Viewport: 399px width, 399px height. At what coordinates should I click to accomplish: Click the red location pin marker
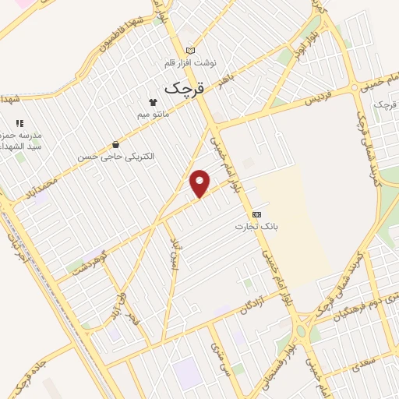[x=200, y=183]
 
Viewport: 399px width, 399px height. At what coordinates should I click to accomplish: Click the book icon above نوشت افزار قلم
[x=191, y=50]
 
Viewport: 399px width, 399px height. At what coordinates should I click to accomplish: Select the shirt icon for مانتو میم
[x=153, y=102]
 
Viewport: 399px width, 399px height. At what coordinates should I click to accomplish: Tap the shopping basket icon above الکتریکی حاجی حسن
[x=116, y=143]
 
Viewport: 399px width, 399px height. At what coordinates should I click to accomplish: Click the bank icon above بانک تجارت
[x=256, y=214]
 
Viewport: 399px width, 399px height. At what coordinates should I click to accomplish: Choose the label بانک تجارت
[x=256, y=226]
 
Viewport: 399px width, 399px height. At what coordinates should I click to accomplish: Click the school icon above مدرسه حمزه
[x=19, y=123]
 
